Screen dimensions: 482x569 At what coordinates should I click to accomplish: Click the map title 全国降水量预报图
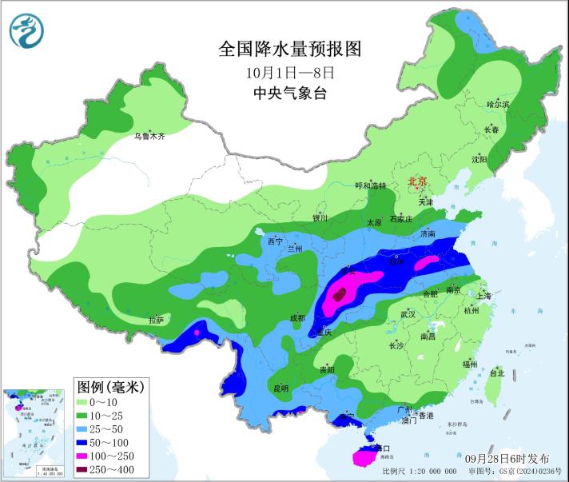290,50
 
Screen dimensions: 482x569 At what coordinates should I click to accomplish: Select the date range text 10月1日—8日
289,72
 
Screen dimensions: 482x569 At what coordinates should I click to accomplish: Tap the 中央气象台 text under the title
289,93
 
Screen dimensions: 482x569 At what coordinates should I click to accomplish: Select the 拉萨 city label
156,320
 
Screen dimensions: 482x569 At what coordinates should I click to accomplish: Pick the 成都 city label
296,317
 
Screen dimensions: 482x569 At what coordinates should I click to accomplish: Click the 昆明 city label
281,388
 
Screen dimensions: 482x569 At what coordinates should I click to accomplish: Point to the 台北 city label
496,373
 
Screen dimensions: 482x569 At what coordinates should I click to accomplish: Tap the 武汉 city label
408,314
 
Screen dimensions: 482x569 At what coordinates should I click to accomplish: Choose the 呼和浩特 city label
370,185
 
